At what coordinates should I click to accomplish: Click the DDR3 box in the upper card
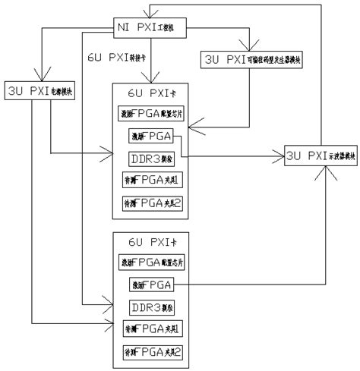[x=153, y=159]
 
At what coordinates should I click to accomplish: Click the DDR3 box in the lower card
[x=153, y=307]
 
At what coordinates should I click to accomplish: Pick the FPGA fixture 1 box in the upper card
[x=153, y=181]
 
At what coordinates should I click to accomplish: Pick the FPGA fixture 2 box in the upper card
[x=153, y=203]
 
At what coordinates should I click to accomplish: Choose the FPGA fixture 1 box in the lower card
[x=153, y=329]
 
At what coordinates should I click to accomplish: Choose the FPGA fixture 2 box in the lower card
[x=153, y=353]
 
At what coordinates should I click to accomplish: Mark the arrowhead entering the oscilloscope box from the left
[x=280, y=156]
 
